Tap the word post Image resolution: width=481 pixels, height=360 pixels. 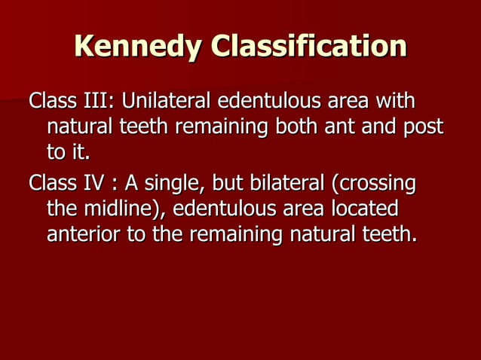point(421,126)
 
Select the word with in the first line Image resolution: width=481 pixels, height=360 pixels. point(396,100)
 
